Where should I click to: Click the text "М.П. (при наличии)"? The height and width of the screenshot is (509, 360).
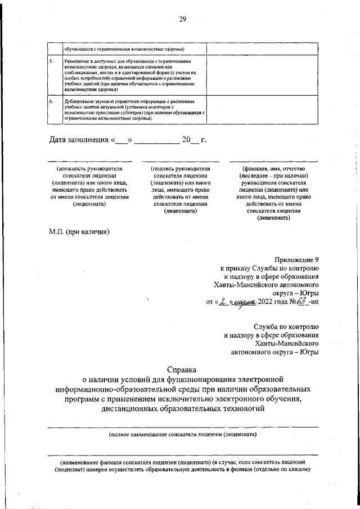[x=78, y=231]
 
